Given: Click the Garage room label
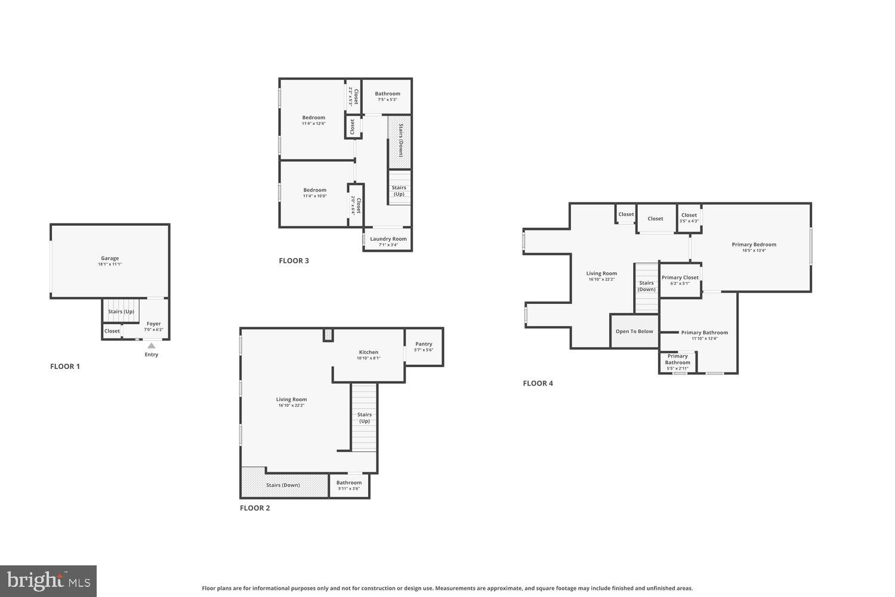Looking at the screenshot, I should coord(110,261).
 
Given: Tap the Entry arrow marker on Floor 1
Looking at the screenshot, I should coord(152,345).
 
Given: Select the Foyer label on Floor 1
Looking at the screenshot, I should coord(153,326).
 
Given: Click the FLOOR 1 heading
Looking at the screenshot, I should coord(65,367).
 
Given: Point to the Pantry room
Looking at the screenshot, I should coord(424,346).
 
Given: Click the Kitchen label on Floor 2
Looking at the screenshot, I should coord(368,355).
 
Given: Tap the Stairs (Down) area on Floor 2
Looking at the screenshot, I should coord(283,485).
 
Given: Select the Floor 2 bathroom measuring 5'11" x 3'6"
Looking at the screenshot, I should coord(348,485).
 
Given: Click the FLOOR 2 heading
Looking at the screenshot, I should coord(255,508).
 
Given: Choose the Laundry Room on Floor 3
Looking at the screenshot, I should coord(388,241).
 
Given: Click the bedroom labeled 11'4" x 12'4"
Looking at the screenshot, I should coord(313,120).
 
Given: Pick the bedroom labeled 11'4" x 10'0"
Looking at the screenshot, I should coord(314,193).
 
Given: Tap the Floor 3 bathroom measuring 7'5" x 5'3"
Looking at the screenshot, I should coord(387,96).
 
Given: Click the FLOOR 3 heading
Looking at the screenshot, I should coord(294,261).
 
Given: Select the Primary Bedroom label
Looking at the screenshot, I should coord(754,247).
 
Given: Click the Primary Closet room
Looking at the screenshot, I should coord(680,280).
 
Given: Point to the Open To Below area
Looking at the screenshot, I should coord(634,331).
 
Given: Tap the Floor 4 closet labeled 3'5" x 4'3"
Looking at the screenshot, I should coord(689,217).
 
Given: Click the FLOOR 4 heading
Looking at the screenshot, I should coord(538,383).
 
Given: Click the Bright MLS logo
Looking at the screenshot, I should coord(48,581).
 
